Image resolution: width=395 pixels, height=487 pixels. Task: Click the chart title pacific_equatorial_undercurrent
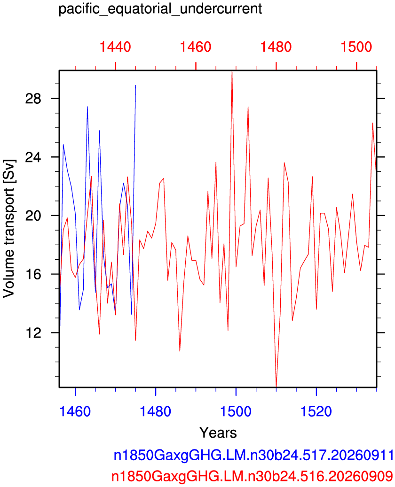click(160, 9)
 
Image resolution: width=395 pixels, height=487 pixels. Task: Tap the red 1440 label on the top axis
click(115, 47)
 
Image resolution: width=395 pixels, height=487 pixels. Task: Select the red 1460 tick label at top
click(196, 47)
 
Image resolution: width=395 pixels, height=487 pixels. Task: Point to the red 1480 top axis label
click(276, 47)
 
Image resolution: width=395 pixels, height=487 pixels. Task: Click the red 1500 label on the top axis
click(356, 47)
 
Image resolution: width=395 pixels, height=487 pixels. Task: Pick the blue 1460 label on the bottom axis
click(75, 411)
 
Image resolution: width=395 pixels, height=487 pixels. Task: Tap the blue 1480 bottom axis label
click(156, 411)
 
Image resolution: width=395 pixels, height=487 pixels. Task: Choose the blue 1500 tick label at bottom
click(236, 411)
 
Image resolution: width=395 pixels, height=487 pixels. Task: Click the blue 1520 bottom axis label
click(316, 411)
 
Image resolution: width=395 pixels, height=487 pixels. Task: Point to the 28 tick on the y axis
click(33, 99)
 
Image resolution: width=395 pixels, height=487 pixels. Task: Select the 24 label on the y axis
click(33, 157)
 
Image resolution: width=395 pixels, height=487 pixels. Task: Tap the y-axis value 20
click(33, 216)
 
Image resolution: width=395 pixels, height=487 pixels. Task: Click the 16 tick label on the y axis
click(33, 274)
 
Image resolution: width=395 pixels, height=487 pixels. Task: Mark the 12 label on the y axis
click(33, 332)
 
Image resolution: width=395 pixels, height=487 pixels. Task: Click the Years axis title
click(218, 433)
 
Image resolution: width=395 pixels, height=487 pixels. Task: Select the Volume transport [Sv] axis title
click(9, 229)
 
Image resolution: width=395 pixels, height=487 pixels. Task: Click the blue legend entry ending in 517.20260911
click(253, 456)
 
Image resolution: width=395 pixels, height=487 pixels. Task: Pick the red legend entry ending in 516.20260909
click(252, 476)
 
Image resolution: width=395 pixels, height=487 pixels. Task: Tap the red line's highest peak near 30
click(232, 71)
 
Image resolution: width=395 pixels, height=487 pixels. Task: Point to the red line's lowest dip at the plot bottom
click(276, 386)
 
